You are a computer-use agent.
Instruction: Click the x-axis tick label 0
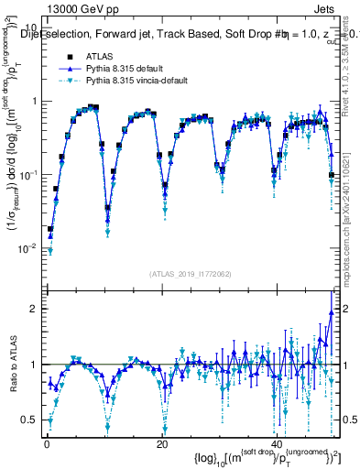click(46, 444)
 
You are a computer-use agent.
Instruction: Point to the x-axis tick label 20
click(161, 444)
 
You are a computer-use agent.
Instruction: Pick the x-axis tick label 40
click(277, 444)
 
